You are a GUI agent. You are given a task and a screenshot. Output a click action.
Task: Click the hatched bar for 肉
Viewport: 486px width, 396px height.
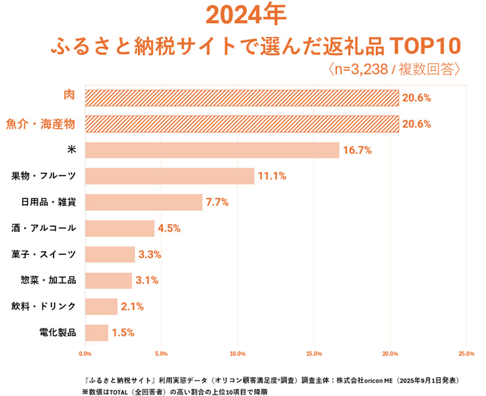pos(242,97)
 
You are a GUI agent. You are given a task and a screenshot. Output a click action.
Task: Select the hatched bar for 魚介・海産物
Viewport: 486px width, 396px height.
pos(242,124)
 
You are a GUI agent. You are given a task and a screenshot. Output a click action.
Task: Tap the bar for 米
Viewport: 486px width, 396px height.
pos(212,150)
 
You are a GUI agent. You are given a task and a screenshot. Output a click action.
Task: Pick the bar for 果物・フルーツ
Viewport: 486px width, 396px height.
pos(170,176)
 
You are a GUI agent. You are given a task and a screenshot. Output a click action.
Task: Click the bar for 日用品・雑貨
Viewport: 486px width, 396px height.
pos(144,203)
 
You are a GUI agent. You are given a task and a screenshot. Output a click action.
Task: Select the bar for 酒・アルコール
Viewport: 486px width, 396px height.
pos(120,228)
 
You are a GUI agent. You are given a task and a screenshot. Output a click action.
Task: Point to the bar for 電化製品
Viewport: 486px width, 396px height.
pos(97,333)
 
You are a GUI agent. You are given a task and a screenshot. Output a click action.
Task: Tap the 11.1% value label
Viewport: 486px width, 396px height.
pos(272,176)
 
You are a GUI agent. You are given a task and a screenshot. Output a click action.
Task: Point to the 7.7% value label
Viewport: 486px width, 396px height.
pos(217,203)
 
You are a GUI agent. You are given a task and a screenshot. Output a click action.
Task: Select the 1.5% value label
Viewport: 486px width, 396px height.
pos(123,333)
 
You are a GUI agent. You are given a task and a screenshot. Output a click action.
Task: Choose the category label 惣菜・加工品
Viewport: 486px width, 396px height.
pos(49,280)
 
